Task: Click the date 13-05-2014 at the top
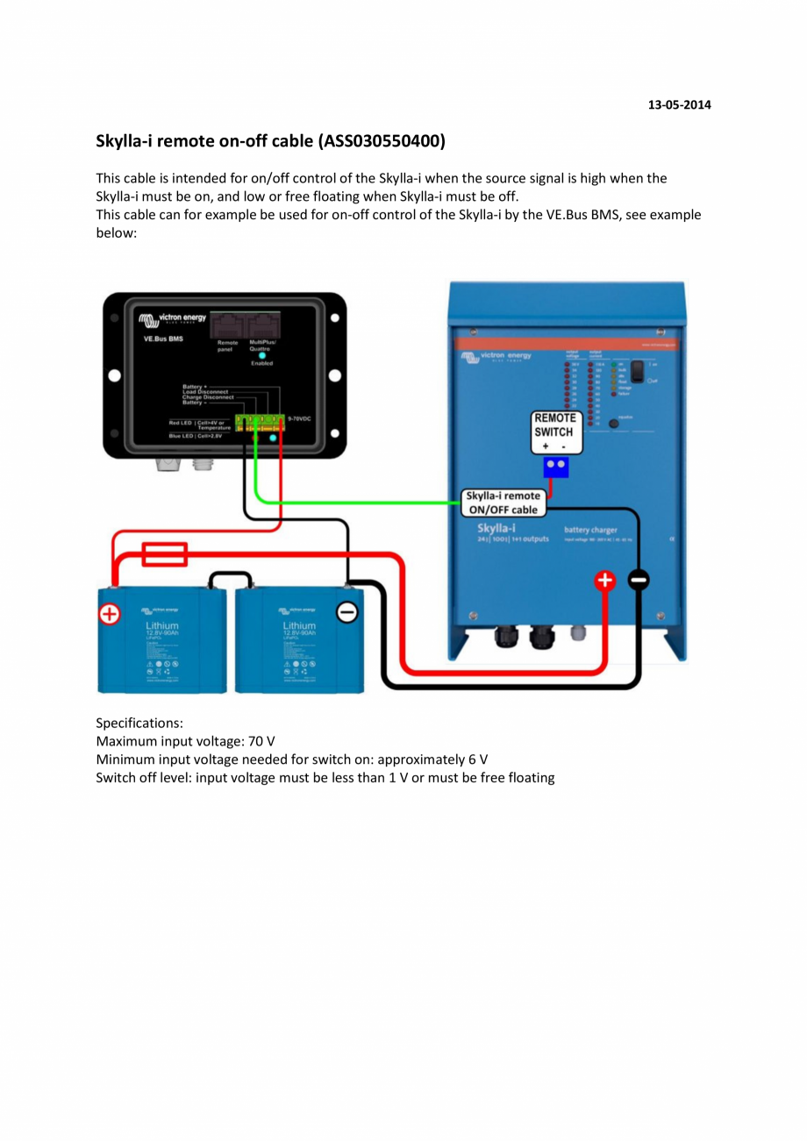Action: pyautogui.click(x=679, y=105)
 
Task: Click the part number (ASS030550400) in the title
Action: pyautogui.click(x=382, y=141)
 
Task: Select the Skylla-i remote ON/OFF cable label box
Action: pyautogui.click(x=503, y=503)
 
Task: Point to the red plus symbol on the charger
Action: pyautogui.click(x=605, y=581)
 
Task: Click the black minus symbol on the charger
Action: pyautogui.click(x=639, y=581)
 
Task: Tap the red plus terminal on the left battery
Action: pyautogui.click(x=109, y=614)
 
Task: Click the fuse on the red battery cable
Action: pyautogui.click(x=164, y=554)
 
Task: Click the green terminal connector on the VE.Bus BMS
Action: pyautogui.click(x=261, y=423)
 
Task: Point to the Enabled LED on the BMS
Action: pyautogui.click(x=261, y=355)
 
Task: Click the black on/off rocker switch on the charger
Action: pyautogui.click(x=645, y=372)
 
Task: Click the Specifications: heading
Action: pyautogui.click(x=139, y=724)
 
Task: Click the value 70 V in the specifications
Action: pyautogui.click(x=261, y=741)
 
